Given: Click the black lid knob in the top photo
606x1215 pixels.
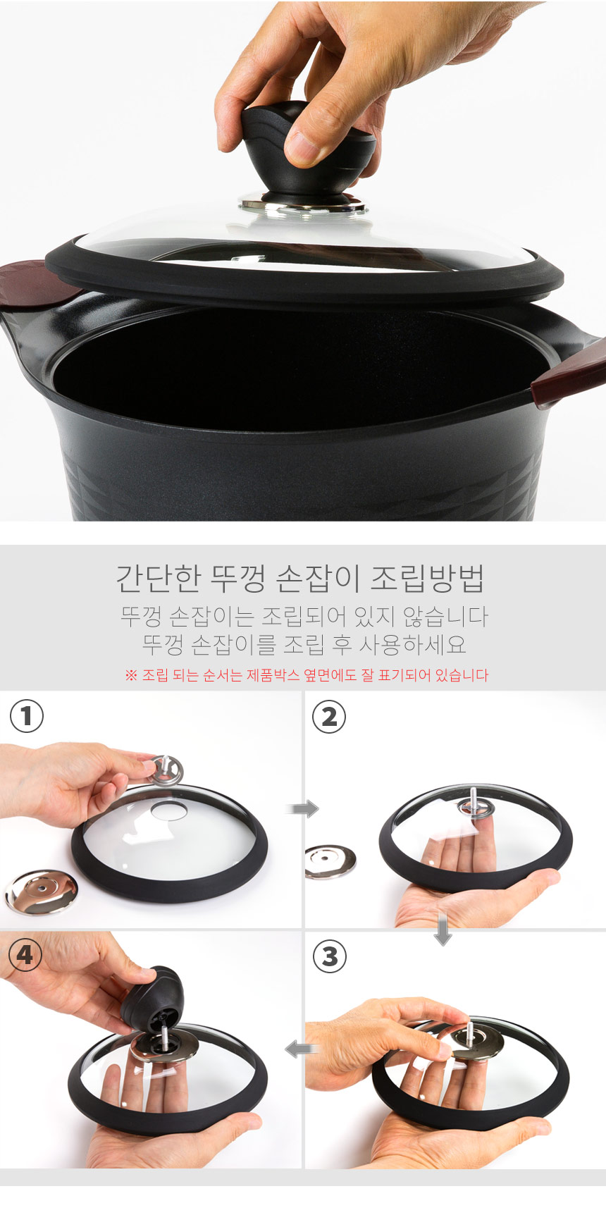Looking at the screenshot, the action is [x=310, y=152].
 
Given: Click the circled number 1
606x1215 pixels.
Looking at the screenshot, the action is [x=27, y=716].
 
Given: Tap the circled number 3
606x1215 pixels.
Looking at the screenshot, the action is [x=329, y=956].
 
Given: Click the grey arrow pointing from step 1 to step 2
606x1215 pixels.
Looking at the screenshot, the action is [x=303, y=808].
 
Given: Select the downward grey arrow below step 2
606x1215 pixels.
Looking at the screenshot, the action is [x=443, y=930].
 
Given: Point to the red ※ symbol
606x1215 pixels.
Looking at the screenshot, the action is [x=130, y=675].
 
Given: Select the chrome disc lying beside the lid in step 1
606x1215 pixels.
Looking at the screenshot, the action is [x=41, y=892].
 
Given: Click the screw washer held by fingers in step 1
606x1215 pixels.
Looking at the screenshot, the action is [x=166, y=769].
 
